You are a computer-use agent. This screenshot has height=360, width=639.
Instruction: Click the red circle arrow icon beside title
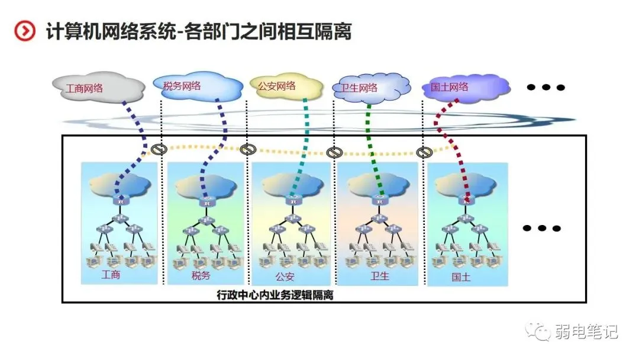(25, 30)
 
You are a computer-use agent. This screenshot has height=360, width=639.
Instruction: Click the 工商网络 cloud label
(85, 89)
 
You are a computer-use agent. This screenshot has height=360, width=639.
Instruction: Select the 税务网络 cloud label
(182, 85)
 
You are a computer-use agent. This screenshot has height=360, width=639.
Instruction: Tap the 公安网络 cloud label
(276, 85)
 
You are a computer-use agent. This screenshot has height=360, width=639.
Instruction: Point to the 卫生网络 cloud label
(359, 88)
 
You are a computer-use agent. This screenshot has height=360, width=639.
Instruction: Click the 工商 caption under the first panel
(111, 275)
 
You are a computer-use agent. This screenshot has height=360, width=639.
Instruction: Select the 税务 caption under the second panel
(201, 275)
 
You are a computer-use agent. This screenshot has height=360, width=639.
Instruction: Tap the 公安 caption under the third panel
(285, 276)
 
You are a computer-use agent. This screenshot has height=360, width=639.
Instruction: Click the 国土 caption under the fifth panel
(461, 277)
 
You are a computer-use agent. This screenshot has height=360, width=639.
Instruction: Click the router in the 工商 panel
(121, 202)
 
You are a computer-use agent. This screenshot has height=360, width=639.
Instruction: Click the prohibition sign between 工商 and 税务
(157, 149)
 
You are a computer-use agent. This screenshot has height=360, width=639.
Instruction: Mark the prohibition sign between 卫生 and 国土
(423, 153)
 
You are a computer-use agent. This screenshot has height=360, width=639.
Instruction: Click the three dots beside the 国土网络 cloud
(546, 88)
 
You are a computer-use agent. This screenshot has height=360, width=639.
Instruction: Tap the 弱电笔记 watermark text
(587, 332)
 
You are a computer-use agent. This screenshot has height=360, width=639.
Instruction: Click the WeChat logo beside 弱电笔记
(539, 332)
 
